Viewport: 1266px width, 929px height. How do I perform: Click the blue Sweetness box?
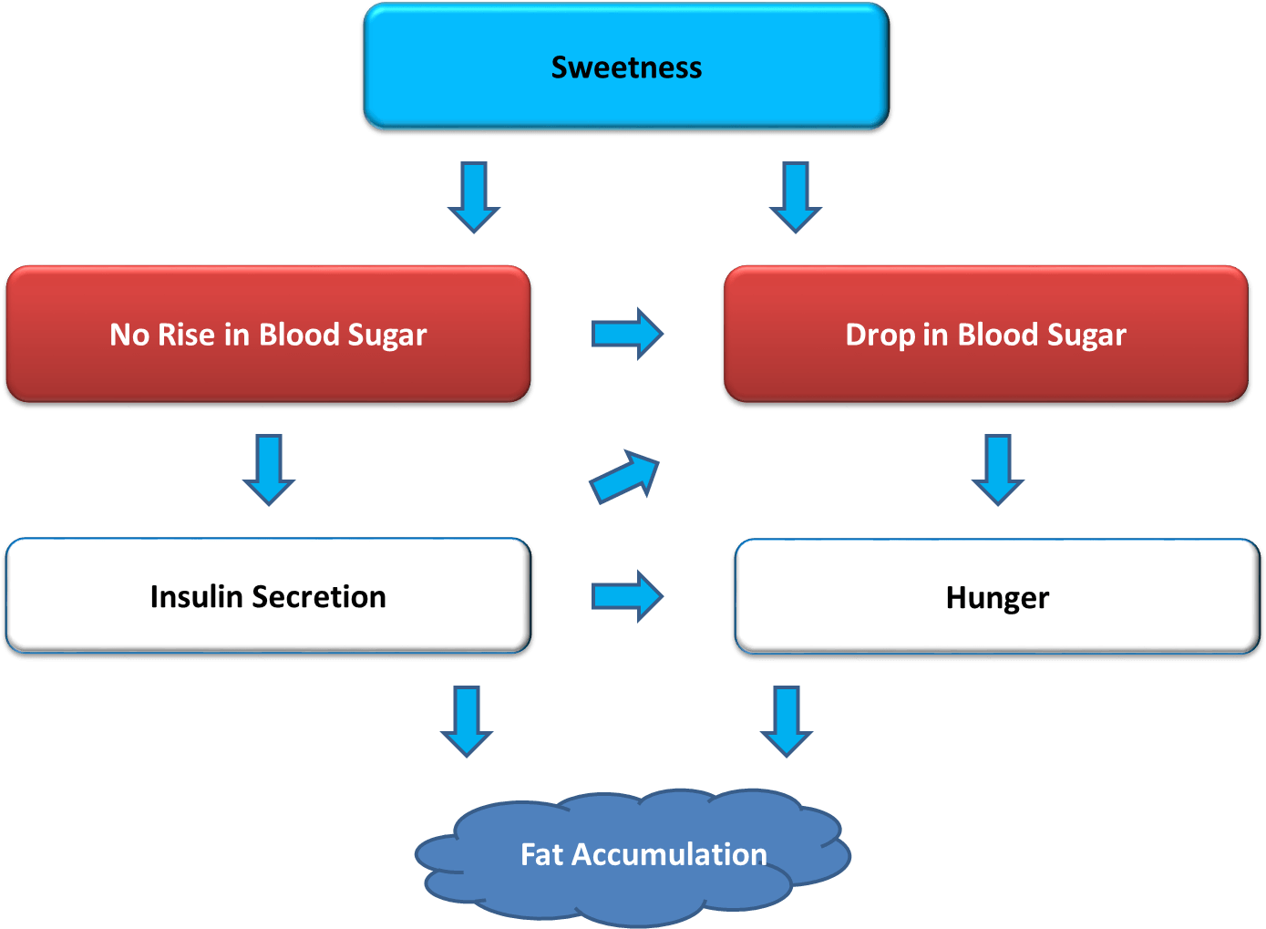point(625,67)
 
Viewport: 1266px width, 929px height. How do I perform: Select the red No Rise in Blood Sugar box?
point(268,334)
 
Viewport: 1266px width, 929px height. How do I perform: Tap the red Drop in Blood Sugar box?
point(985,334)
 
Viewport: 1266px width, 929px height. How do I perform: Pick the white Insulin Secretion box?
point(268,595)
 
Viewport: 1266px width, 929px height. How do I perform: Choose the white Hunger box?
point(997,596)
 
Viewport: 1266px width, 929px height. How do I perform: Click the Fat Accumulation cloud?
point(638,854)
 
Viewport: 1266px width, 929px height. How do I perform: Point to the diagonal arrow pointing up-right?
point(625,477)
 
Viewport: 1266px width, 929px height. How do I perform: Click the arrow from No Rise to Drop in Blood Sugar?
point(627,334)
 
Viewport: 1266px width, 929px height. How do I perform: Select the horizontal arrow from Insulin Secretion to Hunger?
point(627,596)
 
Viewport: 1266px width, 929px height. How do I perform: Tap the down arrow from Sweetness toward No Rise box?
point(474,197)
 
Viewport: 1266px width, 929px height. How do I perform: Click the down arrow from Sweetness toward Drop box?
point(796,197)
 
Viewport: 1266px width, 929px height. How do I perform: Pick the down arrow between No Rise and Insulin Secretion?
point(269,470)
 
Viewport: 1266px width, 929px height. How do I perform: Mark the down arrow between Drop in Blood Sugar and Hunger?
point(998,470)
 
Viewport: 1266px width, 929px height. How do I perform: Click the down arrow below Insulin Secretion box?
point(467,721)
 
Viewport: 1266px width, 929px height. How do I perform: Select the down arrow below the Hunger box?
point(787,721)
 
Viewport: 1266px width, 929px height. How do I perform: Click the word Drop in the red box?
point(880,335)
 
